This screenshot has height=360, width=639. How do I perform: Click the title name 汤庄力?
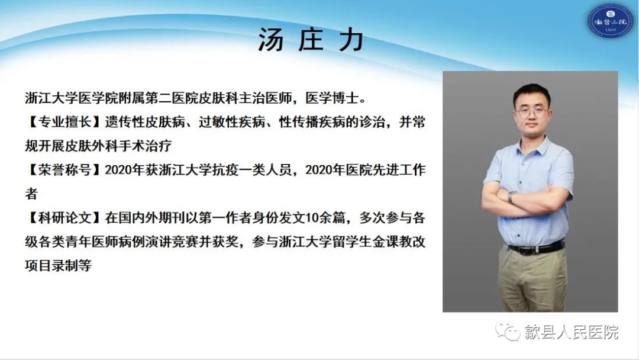[311, 40]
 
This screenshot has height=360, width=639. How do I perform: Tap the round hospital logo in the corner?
[609, 20]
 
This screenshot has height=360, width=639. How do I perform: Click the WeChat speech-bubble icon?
[508, 331]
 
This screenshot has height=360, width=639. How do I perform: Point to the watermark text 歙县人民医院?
[572, 332]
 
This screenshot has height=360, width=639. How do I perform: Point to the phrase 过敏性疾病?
[232, 122]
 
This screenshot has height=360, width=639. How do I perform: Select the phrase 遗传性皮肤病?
[145, 122]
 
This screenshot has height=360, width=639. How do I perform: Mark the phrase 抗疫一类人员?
[252, 169]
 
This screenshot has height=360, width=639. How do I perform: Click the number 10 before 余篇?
[312, 218]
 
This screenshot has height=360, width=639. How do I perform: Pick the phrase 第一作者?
[225, 217]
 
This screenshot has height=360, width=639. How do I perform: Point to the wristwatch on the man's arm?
[511, 197]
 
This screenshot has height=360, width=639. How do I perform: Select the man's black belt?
[536, 247]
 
